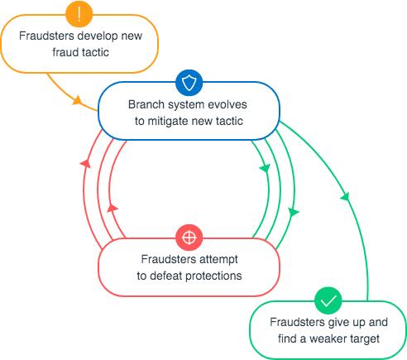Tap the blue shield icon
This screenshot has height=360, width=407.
coord(188,84)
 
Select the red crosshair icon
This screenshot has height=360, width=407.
coord(188,238)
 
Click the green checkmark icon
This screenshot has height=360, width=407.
coord(328,299)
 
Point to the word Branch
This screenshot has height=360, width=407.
coord(146,106)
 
